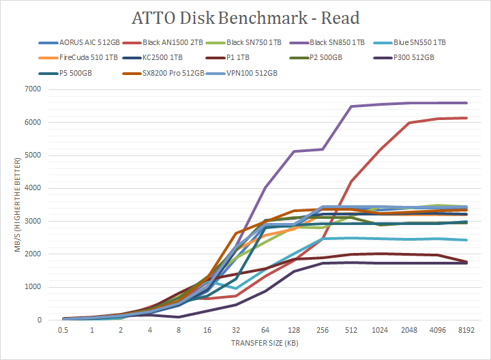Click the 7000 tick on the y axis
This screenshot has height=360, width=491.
(x=31, y=89)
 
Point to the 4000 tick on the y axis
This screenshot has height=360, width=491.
(x=31, y=188)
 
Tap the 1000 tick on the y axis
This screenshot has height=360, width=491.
(x=31, y=287)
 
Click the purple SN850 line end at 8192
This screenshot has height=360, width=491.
(x=466, y=103)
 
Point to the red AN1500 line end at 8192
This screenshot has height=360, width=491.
(x=466, y=118)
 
